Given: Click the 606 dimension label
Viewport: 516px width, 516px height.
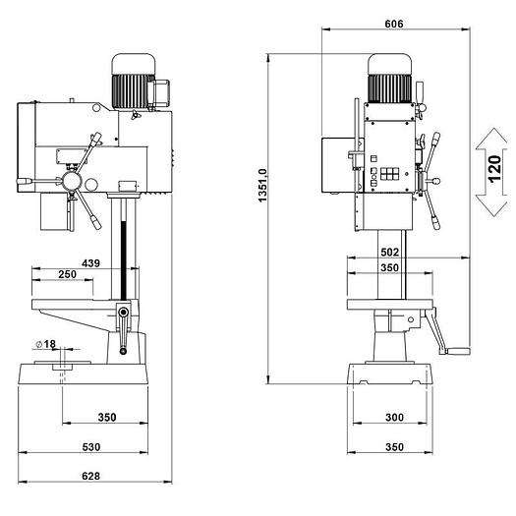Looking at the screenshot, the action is (x=393, y=24).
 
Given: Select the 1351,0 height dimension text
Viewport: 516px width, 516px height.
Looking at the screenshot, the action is (x=263, y=186).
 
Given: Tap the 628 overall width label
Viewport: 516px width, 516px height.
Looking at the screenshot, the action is (x=90, y=476).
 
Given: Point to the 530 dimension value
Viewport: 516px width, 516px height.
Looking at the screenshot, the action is (x=91, y=447).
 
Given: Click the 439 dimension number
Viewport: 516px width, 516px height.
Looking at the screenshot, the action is (x=90, y=263).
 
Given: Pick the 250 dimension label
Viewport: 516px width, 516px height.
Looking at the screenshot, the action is (x=67, y=274).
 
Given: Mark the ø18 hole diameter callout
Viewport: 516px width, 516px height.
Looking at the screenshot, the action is (x=46, y=344).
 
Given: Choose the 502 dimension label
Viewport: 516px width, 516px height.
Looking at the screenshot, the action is (x=389, y=252).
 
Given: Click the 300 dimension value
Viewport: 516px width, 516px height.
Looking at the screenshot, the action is (x=394, y=418).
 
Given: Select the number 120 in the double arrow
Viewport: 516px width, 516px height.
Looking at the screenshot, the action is (x=494, y=169).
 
